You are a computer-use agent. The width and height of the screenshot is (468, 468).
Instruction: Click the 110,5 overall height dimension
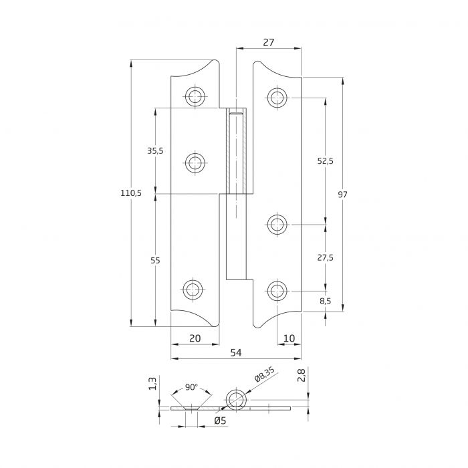click(x=130, y=193)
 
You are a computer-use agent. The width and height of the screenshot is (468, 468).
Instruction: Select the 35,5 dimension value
click(x=155, y=151)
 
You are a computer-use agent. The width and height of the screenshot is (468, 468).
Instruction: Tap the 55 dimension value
click(x=155, y=261)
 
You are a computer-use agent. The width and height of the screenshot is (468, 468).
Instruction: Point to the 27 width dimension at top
click(x=269, y=41)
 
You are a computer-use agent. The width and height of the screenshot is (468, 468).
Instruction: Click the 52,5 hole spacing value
click(x=326, y=161)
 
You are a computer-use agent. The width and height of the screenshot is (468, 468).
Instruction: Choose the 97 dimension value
click(x=343, y=195)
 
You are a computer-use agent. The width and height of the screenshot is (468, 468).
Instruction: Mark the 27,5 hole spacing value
click(x=326, y=257)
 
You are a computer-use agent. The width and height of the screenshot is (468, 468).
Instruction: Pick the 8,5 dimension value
click(x=326, y=302)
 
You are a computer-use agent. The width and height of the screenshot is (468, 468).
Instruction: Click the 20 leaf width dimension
click(x=195, y=338)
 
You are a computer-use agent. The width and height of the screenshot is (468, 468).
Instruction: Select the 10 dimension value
click(x=289, y=338)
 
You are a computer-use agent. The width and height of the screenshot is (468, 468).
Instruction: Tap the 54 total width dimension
click(x=235, y=352)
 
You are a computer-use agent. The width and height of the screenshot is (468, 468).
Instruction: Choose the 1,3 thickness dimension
click(x=152, y=384)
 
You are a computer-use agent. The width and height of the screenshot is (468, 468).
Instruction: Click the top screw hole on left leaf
click(x=195, y=96)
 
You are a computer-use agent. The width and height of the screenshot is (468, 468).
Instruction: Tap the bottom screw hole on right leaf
click(x=277, y=290)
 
